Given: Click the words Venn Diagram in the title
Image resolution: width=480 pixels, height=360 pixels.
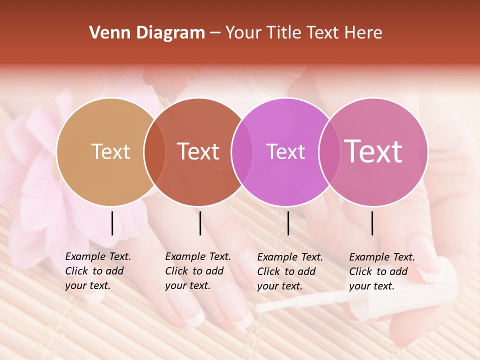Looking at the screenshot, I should (147, 33).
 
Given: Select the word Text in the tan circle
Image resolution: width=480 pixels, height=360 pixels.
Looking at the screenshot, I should (110, 151).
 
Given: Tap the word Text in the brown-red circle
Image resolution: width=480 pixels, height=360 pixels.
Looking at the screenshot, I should (198, 151).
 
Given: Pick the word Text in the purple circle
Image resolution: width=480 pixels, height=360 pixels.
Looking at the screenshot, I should (285, 151).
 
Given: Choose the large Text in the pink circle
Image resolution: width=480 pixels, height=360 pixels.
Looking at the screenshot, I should (373, 151).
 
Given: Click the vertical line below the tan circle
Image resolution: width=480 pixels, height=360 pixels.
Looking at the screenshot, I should (112, 223).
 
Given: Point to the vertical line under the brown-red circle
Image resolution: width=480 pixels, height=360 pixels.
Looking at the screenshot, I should (200, 223).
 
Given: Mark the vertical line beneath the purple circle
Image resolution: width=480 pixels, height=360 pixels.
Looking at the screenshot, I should (288, 223).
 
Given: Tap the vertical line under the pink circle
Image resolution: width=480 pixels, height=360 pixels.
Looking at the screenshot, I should (372, 223).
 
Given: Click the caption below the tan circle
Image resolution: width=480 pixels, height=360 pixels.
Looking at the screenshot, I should (98, 271).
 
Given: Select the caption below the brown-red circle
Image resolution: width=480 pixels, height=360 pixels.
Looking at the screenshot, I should (198, 271).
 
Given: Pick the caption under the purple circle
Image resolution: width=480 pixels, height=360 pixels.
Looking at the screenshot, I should (290, 271).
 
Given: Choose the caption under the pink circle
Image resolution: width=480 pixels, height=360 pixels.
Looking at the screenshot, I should (382, 271).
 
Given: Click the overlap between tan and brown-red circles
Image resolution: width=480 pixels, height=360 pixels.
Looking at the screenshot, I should (154, 151).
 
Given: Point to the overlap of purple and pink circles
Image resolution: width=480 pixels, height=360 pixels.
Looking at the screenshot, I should (328, 151).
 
